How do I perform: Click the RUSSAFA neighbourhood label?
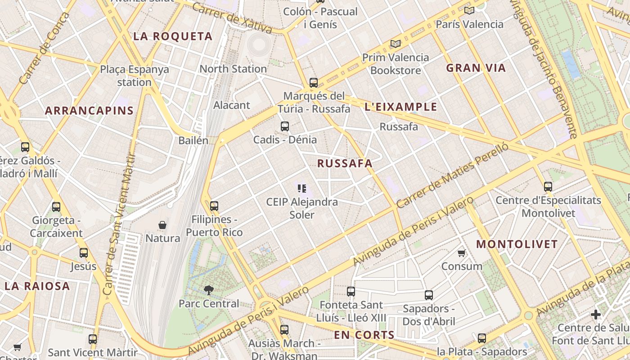[345, 163]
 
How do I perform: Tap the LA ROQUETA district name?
[173, 36]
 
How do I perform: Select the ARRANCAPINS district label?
[90, 111]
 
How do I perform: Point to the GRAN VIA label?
[476, 68]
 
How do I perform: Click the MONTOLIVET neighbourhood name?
[517, 244]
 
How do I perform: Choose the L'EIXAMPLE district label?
[400, 107]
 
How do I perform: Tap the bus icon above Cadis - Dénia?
[285, 126]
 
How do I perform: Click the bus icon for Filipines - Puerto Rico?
[214, 206]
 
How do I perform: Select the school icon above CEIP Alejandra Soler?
[302, 188]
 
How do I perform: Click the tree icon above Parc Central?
[208, 290]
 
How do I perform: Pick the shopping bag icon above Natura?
[162, 225]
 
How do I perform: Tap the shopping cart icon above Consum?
[462, 253]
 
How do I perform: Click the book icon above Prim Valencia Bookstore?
[396, 44]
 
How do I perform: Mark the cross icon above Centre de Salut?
[596, 315]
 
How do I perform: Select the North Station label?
[233, 69]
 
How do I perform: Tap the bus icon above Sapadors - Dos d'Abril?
[429, 295]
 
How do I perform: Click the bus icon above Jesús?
[84, 253]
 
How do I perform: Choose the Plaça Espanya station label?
[135, 76]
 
